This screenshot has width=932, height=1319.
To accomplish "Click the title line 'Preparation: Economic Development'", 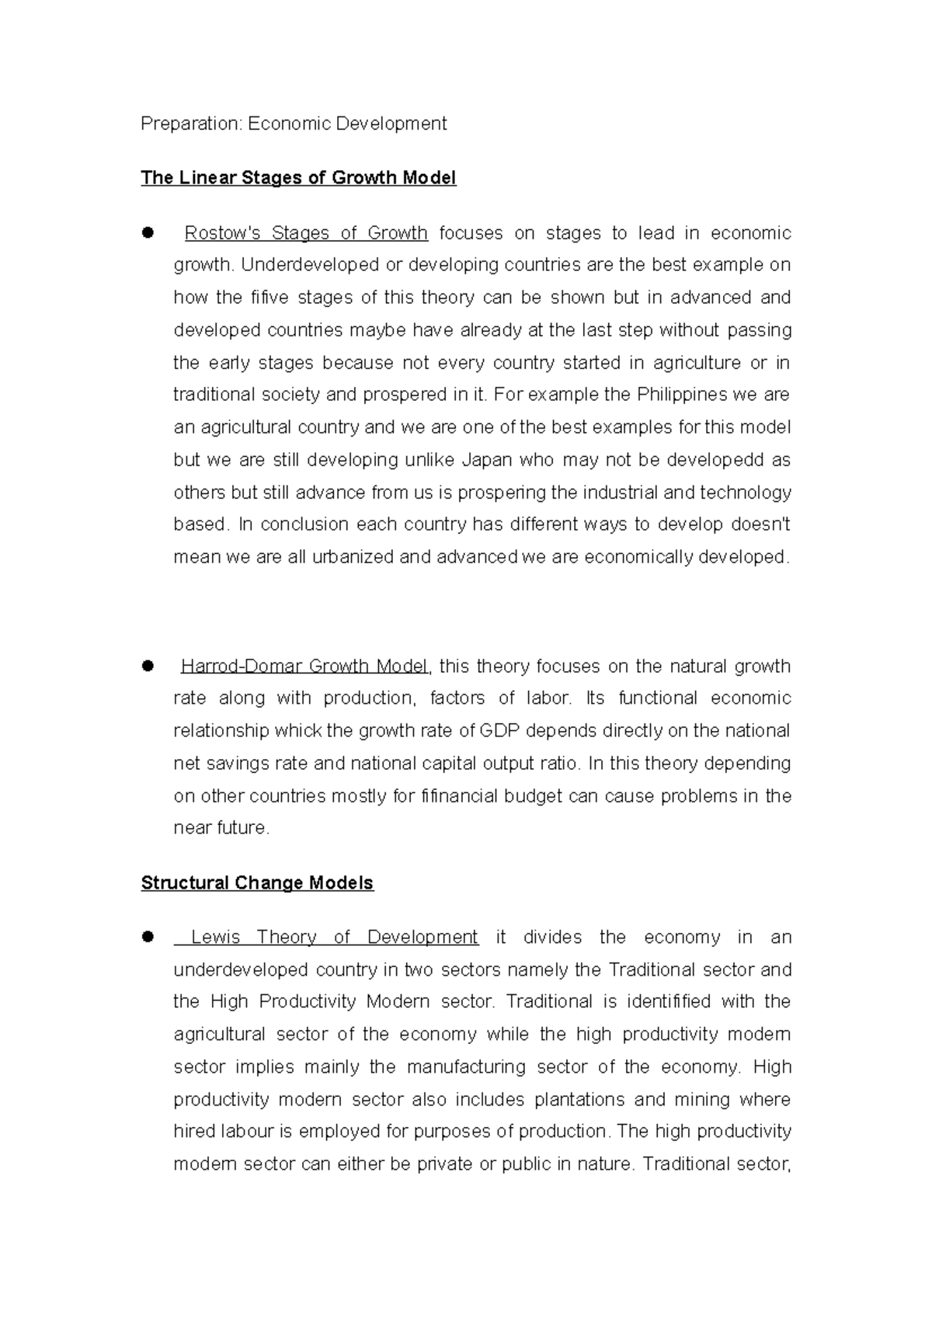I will point(294,124).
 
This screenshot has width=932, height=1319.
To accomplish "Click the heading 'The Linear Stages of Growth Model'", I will point(298,178).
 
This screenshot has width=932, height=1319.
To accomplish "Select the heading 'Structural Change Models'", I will point(257,883).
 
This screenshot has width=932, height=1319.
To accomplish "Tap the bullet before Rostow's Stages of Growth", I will point(148,232).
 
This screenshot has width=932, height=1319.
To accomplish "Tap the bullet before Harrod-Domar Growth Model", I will point(148,666).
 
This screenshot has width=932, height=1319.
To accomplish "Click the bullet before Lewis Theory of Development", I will point(148,937).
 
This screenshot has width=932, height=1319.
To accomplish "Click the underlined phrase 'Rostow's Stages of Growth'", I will point(306,233).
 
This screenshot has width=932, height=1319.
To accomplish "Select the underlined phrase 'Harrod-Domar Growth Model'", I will point(304,666).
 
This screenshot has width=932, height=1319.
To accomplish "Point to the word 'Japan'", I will point(487,460).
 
